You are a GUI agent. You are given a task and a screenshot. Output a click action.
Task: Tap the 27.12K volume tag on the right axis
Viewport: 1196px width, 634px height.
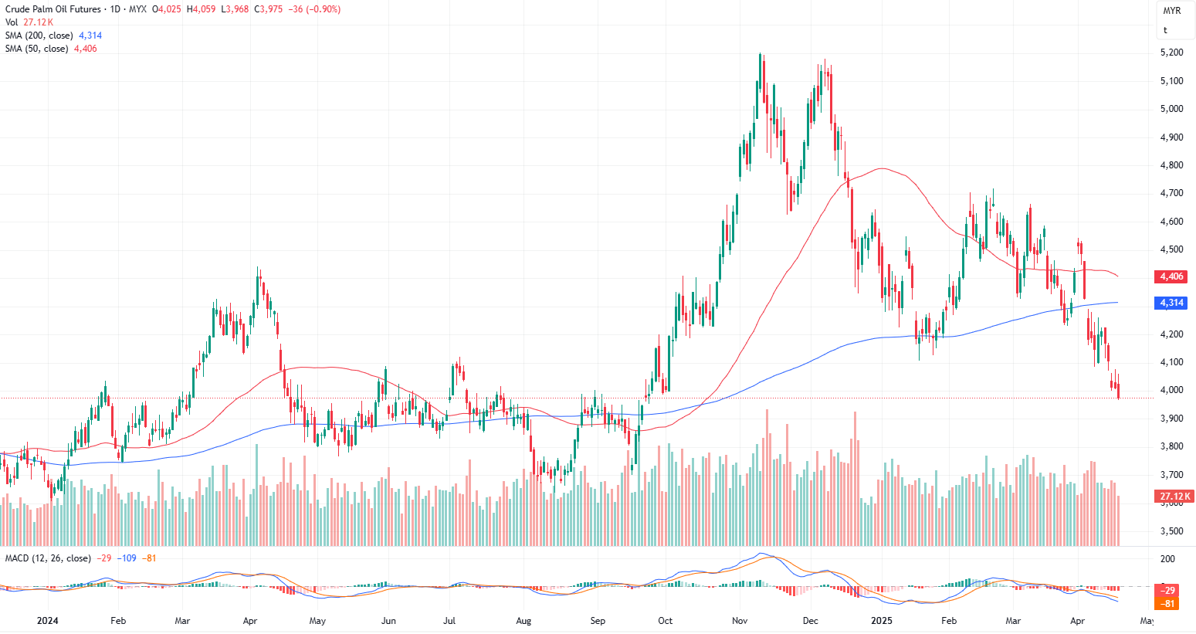[1176, 497]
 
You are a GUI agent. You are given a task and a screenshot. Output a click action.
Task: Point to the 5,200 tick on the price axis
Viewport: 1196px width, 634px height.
[1171, 53]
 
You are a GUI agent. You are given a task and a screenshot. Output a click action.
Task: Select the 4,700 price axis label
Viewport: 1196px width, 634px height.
[1171, 193]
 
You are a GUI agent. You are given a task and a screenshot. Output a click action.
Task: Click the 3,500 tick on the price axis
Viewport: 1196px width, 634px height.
[1171, 531]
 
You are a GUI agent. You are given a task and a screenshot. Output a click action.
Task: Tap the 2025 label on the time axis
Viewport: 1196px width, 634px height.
[881, 621]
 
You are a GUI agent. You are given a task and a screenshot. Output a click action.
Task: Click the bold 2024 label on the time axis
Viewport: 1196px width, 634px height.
[47, 621]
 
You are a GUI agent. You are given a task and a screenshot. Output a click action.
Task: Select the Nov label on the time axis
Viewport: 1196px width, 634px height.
[740, 621]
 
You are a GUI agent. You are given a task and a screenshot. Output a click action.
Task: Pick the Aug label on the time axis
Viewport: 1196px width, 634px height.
[523, 621]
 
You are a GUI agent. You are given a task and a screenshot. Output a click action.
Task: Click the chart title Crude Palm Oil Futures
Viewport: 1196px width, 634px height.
[53, 9]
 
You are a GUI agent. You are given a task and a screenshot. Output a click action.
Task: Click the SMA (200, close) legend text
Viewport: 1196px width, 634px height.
[39, 36]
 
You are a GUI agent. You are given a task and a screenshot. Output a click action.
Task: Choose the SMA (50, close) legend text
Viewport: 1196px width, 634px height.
[36, 49]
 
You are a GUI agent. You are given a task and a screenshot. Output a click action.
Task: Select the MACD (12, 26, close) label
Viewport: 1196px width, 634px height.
[48, 558]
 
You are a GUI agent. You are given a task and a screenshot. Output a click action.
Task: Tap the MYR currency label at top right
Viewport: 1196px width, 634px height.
[1171, 11]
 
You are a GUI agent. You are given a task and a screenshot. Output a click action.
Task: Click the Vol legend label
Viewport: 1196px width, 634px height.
[12, 22]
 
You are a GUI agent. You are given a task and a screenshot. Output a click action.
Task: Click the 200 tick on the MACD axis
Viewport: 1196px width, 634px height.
[1167, 559]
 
